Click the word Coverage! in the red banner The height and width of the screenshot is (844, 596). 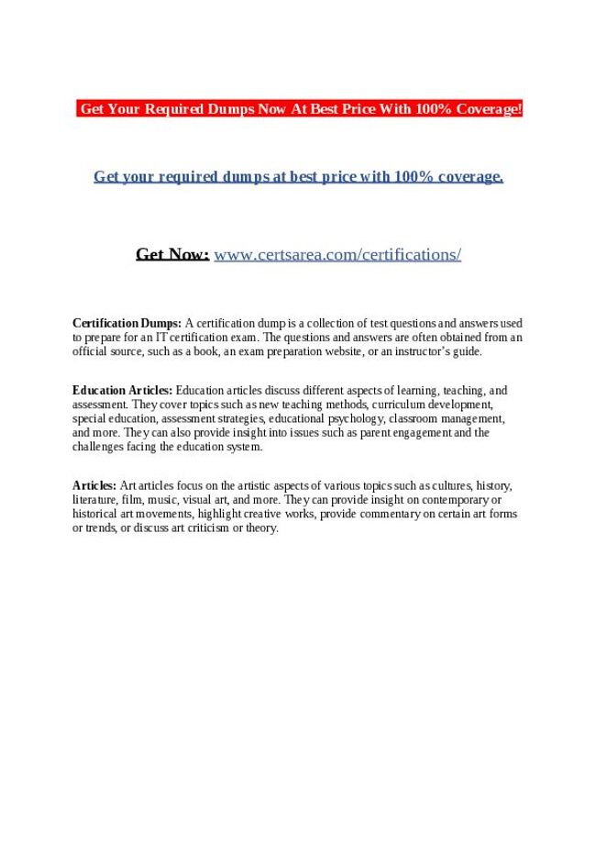pyautogui.click(x=487, y=109)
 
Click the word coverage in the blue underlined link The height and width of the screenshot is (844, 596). pyautogui.click(x=462, y=176)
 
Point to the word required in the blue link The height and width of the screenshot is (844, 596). pyautogui.click(x=186, y=176)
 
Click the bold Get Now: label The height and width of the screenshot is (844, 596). pyautogui.click(x=172, y=254)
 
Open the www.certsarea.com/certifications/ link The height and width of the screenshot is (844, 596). pyautogui.click(x=337, y=254)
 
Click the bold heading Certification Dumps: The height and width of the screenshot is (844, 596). pyautogui.click(x=127, y=323)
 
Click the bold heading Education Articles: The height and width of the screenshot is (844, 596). pyautogui.click(x=123, y=390)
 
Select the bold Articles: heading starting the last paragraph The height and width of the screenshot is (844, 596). pyautogui.click(x=94, y=485)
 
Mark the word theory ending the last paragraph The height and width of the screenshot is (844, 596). pyautogui.click(x=262, y=528)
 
